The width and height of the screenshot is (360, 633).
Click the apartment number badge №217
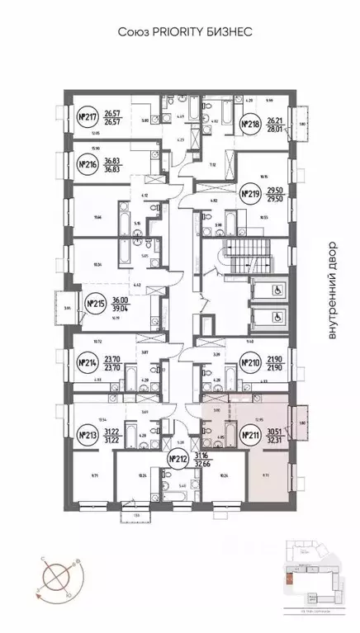tap(87, 117)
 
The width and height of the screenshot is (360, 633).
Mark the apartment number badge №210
tap(249, 361)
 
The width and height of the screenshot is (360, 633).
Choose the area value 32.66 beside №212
tap(202, 464)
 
